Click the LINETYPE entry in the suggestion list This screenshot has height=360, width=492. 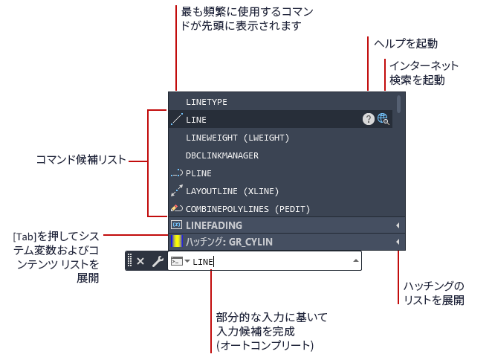click(207, 102)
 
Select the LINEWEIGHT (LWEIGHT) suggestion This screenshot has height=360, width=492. click(238, 138)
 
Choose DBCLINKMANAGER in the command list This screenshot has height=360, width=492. click(222, 155)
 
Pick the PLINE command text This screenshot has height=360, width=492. click(198, 173)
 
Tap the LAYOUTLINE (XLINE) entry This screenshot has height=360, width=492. click(232, 191)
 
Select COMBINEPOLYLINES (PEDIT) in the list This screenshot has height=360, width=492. click(248, 209)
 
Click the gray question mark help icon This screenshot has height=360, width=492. click(369, 119)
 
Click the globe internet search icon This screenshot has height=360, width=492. click(383, 119)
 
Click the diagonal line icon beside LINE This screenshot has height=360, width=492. click(177, 119)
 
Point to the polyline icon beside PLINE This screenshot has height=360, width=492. click(177, 173)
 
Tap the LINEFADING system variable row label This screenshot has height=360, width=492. click(214, 225)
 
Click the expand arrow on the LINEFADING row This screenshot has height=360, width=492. click(398, 225)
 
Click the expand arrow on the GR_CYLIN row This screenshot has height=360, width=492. click(398, 242)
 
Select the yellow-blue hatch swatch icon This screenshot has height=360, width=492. click(177, 242)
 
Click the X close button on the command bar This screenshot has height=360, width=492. click(140, 261)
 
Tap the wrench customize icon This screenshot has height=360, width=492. click(158, 261)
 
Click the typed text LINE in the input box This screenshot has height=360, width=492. click(203, 262)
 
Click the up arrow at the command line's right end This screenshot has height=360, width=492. click(356, 260)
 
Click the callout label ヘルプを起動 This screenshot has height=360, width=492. click(406, 43)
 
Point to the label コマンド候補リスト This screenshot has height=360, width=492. click(81, 160)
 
